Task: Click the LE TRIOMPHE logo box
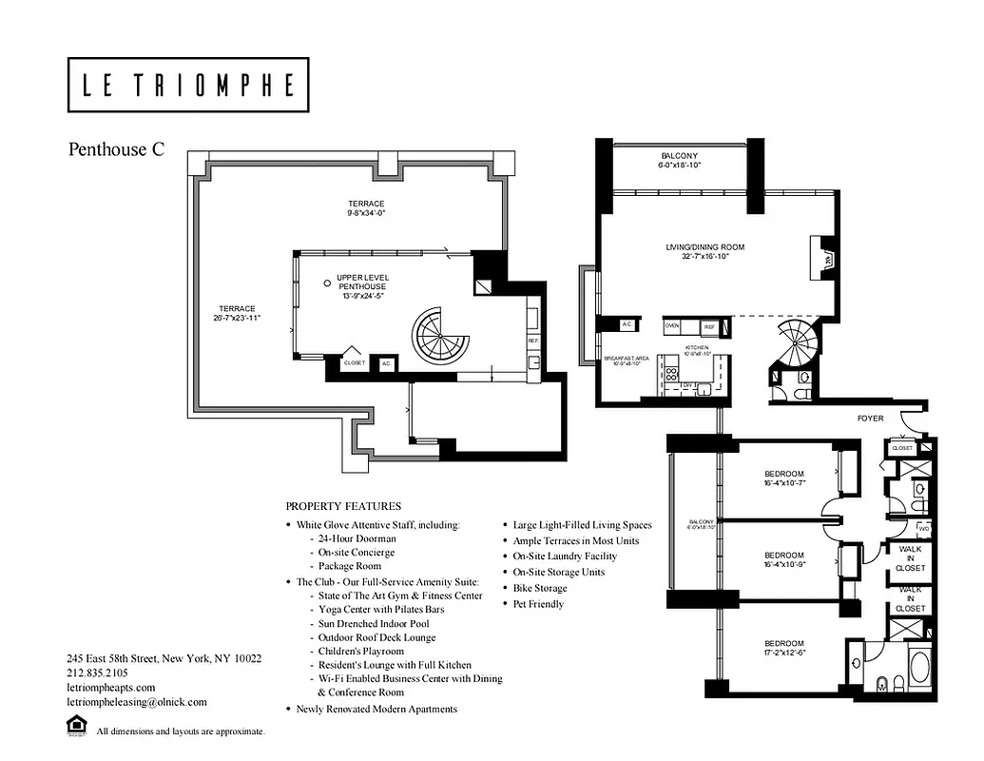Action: pyautogui.click(x=188, y=86)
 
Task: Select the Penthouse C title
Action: pyautogui.click(x=116, y=149)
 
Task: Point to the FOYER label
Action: pyautogui.click(x=870, y=418)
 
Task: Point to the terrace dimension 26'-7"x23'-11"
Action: pyautogui.click(x=237, y=317)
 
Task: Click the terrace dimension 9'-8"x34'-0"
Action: pyautogui.click(x=366, y=214)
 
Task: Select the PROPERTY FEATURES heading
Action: pyautogui.click(x=343, y=506)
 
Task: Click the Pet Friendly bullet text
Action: pyautogui.click(x=538, y=604)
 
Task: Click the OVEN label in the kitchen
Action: pyautogui.click(x=672, y=325)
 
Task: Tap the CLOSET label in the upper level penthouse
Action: pyautogui.click(x=355, y=362)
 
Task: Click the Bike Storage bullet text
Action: pyautogui.click(x=540, y=588)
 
